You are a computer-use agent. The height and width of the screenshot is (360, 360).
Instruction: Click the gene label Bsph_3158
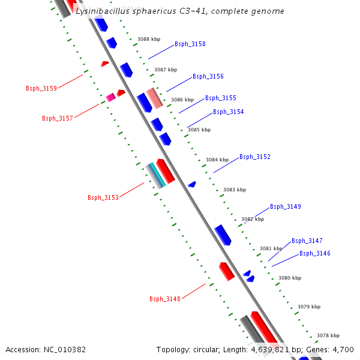(x=190, y=44)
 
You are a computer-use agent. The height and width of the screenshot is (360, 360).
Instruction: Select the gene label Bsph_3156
(x=208, y=77)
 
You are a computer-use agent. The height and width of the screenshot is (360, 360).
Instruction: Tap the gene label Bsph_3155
(x=220, y=98)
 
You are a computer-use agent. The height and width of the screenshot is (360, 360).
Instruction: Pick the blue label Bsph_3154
(x=228, y=112)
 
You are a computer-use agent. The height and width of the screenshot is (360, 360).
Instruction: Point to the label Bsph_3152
(x=254, y=157)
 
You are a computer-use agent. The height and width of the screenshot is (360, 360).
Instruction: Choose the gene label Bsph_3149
(x=285, y=207)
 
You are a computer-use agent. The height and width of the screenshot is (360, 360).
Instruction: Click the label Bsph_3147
(x=307, y=241)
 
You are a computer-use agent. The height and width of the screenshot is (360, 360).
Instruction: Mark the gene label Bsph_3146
(x=314, y=254)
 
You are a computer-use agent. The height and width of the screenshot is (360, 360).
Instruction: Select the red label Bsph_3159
(x=41, y=89)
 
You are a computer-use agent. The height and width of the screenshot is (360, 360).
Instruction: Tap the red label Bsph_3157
(x=57, y=119)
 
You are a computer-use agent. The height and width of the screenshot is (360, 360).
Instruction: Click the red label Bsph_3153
(x=103, y=198)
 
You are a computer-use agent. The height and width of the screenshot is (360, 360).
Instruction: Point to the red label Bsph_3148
(x=164, y=299)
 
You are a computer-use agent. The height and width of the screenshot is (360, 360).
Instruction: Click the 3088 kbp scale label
(x=148, y=39)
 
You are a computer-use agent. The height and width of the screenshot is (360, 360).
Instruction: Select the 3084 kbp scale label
(x=217, y=160)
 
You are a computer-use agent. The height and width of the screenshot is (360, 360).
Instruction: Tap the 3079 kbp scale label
(x=308, y=307)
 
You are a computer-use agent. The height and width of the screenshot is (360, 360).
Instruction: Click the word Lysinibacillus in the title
(x=102, y=11)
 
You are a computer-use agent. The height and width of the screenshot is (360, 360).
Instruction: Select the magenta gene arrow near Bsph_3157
(x=110, y=97)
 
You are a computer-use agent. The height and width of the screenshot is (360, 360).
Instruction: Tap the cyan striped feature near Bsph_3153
(x=157, y=176)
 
